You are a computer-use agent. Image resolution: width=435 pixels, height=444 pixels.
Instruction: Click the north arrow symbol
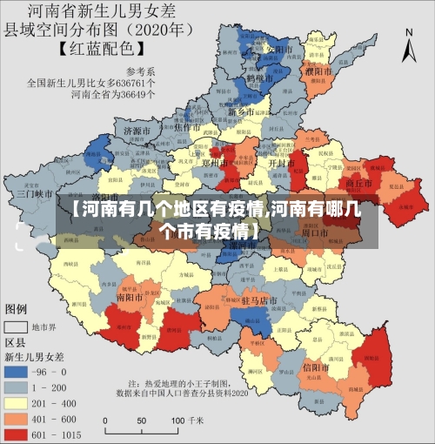click(410, 40)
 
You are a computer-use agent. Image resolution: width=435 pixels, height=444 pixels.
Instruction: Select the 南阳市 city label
click(130, 296)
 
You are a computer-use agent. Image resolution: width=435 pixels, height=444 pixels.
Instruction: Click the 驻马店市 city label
click(258, 299)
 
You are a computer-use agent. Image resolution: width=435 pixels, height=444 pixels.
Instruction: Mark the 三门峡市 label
click(35, 194)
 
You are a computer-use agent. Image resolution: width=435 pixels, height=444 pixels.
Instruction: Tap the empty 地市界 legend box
click(18, 327)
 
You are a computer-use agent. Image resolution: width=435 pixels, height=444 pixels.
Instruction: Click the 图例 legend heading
click(17, 309)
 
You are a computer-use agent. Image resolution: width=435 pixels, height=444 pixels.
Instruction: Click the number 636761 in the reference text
click(139, 84)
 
